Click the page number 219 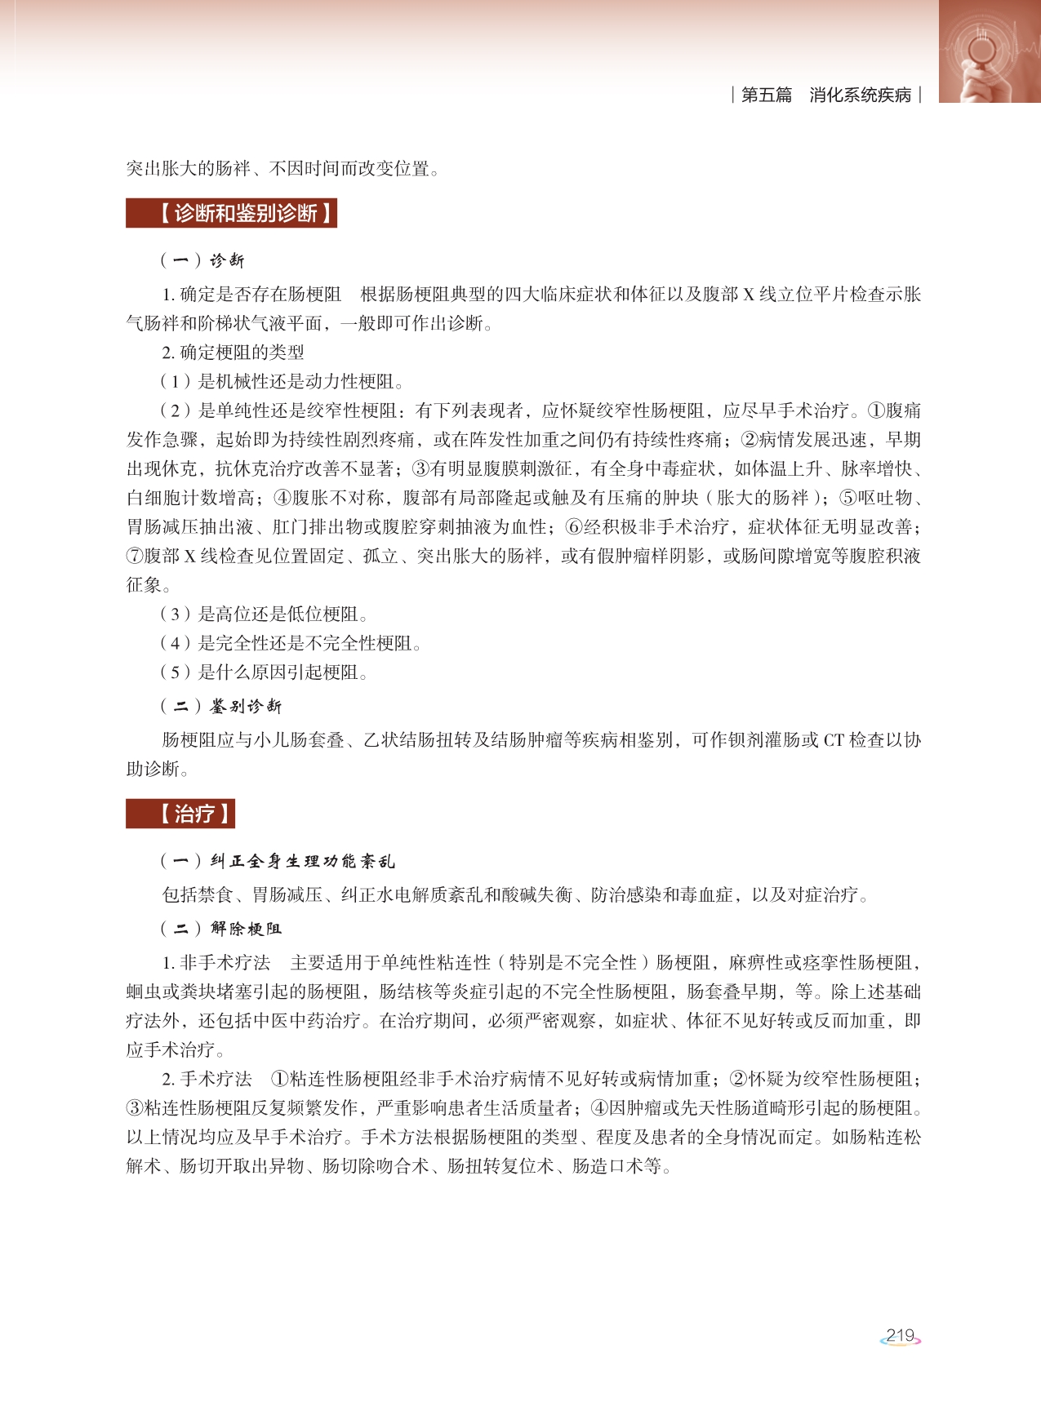tap(900, 1335)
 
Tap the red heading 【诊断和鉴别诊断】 tap(232, 214)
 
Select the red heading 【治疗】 tap(181, 814)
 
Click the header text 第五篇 tap(766, 95)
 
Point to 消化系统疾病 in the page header tap(860, 95)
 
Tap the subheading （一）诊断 tap(202, 260)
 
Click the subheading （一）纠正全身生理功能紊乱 tap(278, 861)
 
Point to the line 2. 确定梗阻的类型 tap(233, 353)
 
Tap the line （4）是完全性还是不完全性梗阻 tap(290, 643)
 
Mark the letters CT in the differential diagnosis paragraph tap(833, 740)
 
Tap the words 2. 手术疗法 tap(207, 1079)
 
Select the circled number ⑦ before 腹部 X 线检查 tap(135, 557)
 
